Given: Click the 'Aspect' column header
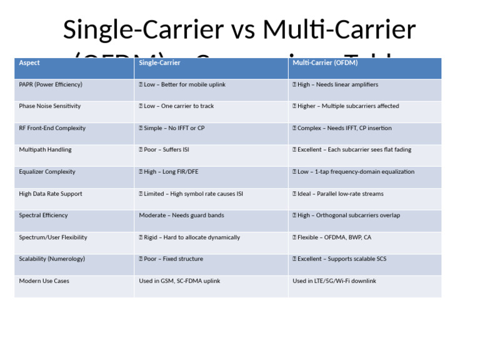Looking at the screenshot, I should point(29,63).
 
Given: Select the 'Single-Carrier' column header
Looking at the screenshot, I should point(159,63).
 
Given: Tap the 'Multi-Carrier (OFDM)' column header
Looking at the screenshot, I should point(325,63).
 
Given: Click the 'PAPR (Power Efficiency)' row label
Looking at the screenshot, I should point(51,84).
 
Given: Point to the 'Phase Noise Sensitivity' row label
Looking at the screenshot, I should point(50,106).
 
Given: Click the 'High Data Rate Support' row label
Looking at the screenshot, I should point(51,194).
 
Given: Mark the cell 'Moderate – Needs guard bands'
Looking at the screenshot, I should point(181,216).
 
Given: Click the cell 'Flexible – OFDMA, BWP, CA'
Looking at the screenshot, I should point(334,237).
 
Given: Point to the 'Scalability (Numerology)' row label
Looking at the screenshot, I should point(52,259).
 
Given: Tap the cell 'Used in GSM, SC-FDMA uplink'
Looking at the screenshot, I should point(179,281).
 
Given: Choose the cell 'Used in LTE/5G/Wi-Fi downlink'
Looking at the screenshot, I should point(334,281).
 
